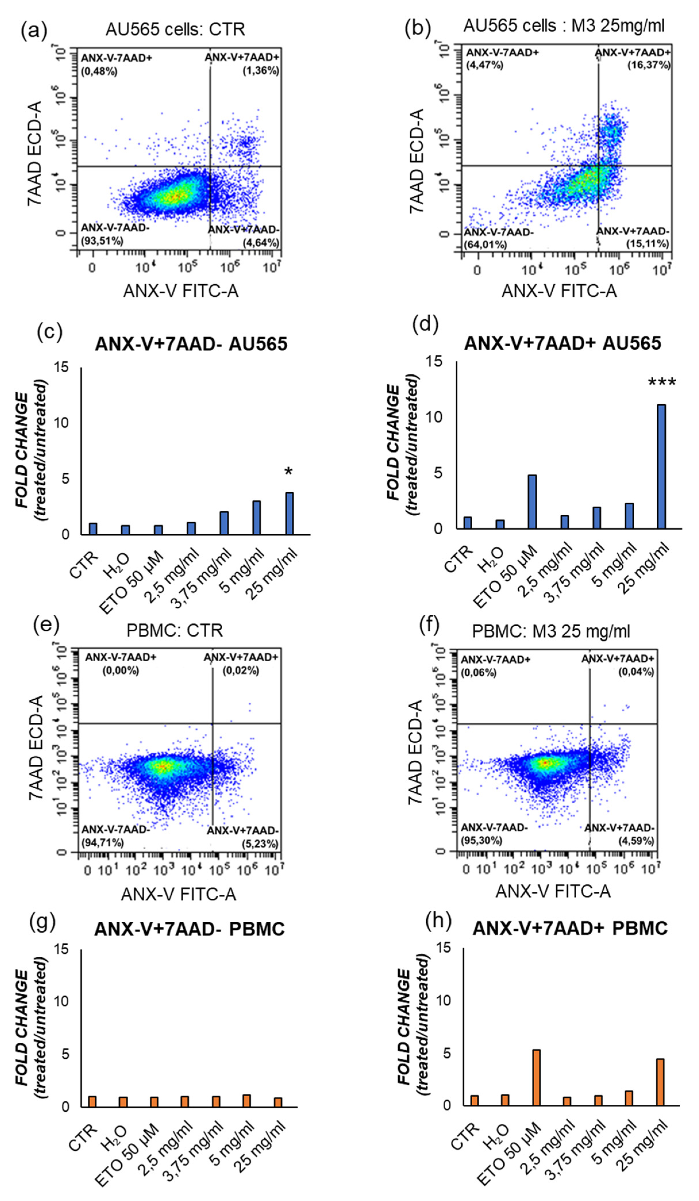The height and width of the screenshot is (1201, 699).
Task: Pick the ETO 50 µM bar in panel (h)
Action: pos(536,1077)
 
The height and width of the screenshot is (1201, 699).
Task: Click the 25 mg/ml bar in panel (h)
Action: pos(660,1082)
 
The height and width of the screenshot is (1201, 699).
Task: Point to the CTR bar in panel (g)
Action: pos(92,1101)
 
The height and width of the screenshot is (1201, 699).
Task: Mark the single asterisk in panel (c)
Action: pos(288,472)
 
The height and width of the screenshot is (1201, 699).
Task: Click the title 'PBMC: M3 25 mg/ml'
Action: pos(551,631)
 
